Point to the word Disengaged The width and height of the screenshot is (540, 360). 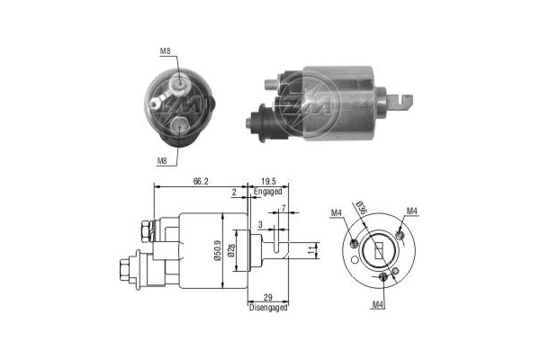pos(267,308)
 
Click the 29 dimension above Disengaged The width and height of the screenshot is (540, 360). pos(267,297)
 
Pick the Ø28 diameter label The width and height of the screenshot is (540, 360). pos(232,248)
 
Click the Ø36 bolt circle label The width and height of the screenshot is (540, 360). pos(361,210)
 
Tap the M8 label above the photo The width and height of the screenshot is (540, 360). pos(165,51)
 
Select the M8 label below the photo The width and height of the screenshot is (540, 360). pos(163,161)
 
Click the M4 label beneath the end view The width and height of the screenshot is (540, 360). pos(379,304)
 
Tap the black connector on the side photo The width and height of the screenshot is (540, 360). pos(262,118)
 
